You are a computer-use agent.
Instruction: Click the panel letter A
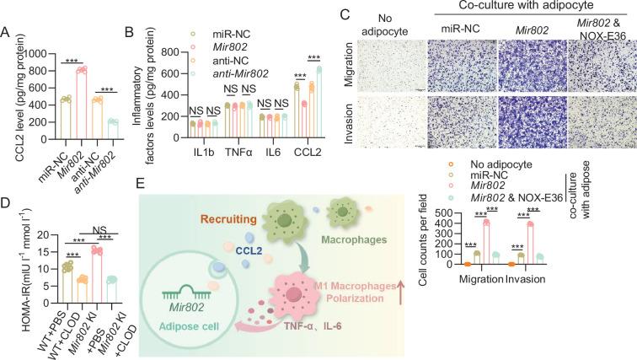point(7,35)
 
